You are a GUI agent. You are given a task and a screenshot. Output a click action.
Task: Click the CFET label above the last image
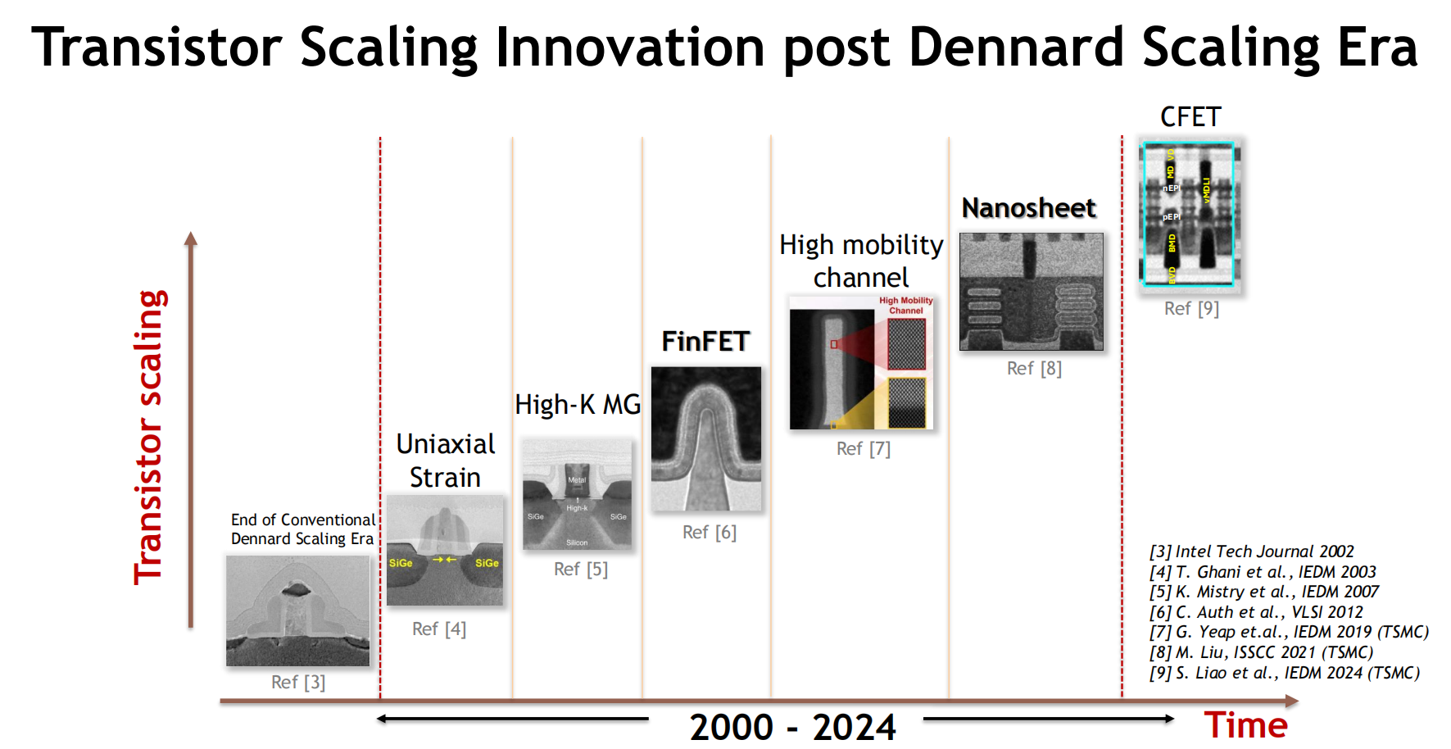(x=1190, y=117)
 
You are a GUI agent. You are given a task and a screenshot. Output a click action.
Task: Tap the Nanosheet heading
(x=1028, y=208)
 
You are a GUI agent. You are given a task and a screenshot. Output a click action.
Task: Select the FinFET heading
(x=705, y=341)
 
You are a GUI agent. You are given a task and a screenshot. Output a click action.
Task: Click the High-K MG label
(x=578, y=404)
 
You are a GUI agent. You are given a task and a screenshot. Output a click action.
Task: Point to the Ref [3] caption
(x=298, y=682)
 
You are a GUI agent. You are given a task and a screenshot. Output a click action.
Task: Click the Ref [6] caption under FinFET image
(x=710, y=532)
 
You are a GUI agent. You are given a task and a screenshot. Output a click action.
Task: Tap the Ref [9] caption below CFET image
(x=1191, y=308)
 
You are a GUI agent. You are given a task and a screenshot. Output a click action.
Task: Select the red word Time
(x=1245, y=725)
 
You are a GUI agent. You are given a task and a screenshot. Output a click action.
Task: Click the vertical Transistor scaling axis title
(x=150, y=437)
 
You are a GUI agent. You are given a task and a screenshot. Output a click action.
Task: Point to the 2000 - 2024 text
(x=792, y=727)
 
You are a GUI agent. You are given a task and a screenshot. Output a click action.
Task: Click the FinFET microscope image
(x=706, y=438)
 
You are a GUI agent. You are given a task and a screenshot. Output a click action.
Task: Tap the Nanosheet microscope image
(x=1031, y=292)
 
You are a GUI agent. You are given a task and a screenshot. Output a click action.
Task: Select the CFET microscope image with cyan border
(x=1189, y=215)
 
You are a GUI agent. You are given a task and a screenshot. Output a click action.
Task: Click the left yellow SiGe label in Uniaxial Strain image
(x=401, y=563)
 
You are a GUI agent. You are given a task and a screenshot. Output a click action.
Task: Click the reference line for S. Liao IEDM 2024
(x=1284, y=673)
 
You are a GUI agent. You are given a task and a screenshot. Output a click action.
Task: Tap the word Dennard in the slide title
(x=1016, y=48)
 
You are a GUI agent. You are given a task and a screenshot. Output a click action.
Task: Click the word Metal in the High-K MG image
(x=577, y=480)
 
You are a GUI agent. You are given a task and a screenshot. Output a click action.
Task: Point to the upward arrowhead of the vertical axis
(x=191, y=238)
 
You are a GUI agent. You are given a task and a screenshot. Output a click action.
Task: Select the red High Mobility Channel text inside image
(x=905, y=306)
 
